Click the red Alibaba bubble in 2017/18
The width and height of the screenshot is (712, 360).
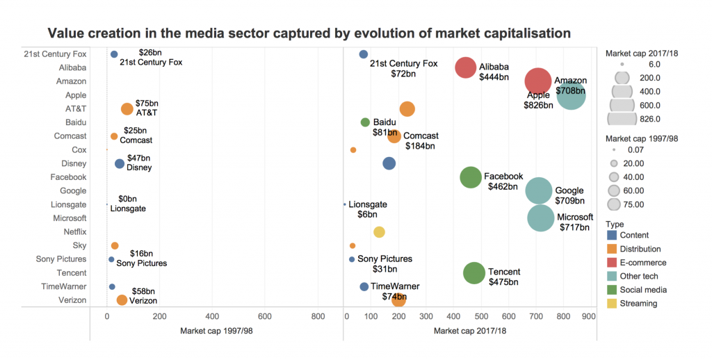tap(465, 67)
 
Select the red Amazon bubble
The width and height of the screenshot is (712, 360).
tap(537, 81)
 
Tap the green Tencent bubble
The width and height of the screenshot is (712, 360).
tap(474, 273)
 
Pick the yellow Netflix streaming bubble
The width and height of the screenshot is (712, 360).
tap(379, 232)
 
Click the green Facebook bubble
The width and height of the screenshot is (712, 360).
tap(471, 178)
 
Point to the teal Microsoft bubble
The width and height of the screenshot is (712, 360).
tap(540, 218)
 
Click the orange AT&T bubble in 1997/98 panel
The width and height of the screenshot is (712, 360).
tap(127, 109)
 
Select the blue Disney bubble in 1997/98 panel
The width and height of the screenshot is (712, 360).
tap(120, 164)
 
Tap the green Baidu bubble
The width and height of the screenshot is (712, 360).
tap(365, 122)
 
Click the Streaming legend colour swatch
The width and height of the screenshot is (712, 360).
tap(612, 303)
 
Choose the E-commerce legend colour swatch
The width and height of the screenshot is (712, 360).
tap(612, 263)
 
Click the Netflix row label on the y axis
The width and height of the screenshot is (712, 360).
tap(74, 232)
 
